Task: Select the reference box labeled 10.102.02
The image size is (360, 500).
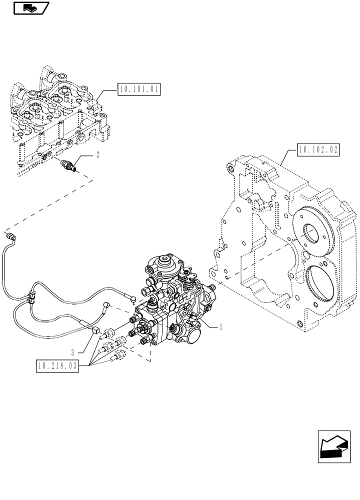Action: (x=318, y=149)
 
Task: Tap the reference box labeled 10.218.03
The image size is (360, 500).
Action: (x=57, y=366)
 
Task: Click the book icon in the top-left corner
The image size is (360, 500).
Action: (x=29, y=8)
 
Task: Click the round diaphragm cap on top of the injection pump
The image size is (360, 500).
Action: (x=162, y=263)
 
